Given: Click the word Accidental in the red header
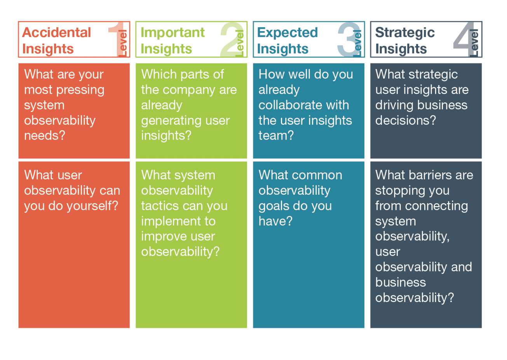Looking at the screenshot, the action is click(x=56, y=32).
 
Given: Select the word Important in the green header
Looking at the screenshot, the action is click(x=173, y=33).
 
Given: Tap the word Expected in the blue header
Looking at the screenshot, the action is click(x=287, y=33).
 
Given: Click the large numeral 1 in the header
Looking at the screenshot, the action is click(x=117, y=39).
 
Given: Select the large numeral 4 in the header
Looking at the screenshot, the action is click(x=464, y=38).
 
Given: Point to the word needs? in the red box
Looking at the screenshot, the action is click(x=45, y=135).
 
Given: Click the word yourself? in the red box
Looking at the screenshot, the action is click(x=92, y=206).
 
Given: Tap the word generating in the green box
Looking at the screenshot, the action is click(x=170, y=121).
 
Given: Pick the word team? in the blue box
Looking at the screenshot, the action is click(x=276, y=135).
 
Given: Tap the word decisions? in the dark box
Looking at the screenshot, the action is click(x=405, y=120).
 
